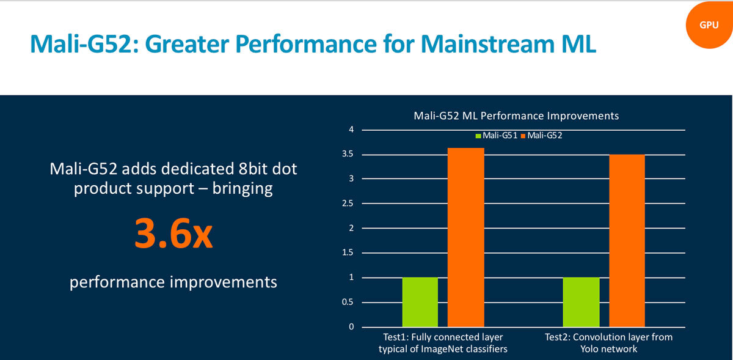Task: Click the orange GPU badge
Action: point(709,25)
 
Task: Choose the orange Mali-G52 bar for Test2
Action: point(626,241)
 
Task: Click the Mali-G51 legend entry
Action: point(495,136)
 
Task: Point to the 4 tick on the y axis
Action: point(351,130)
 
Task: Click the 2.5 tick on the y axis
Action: point(348,204)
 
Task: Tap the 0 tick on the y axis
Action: point(351,327)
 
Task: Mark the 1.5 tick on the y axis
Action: point(348,253)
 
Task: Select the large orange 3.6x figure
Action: point(173,235)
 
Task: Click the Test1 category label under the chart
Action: point(443,343)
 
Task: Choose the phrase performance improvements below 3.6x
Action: point(173,282)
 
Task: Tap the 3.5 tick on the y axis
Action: point(348,155)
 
